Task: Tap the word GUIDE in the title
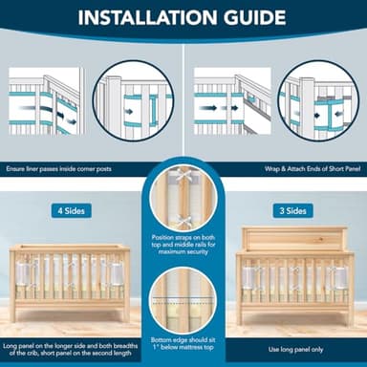pos(255,17)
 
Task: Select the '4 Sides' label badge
pos(72,210)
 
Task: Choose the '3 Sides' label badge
pos(293,210)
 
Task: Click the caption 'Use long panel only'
pos(295,350)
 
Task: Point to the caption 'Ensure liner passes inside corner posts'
pos(58,168)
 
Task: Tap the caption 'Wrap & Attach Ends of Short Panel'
pos(313,168)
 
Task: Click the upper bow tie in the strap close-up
pos(183,175)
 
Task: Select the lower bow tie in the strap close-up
pos(183,221)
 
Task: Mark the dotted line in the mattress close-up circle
pos(183,303)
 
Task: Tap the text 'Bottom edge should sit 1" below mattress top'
pos(183,343)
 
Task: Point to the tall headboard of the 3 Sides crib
pos(294,239)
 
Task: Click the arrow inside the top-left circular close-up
pos(129,112)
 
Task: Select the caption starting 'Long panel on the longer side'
pos(71,349)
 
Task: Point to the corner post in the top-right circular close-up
pos(308,108)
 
